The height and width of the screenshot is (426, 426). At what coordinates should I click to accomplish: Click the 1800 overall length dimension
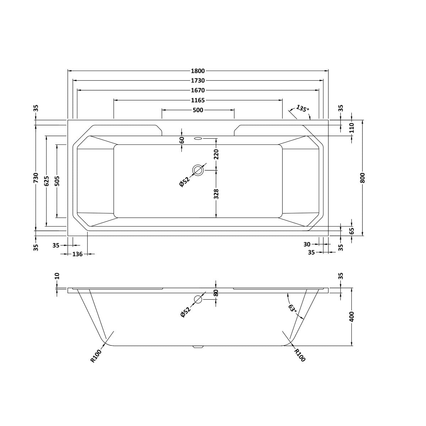point(198,71)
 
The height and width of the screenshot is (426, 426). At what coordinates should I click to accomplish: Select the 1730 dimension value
point(198,81)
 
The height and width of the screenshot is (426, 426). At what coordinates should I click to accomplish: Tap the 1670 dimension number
point(198,91)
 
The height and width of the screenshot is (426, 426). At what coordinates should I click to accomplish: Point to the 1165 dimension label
point(198,100)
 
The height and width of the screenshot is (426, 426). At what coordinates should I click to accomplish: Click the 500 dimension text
point(198,110)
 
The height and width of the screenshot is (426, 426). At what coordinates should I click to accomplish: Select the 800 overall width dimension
point(362,177)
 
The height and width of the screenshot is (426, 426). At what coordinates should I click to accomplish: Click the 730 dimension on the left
point(35,177)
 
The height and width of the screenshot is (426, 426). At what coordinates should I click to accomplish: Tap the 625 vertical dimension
point(47,181)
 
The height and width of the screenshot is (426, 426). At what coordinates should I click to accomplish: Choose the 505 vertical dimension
point(57,181)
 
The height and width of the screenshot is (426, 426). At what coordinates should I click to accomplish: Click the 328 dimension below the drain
point(217,194)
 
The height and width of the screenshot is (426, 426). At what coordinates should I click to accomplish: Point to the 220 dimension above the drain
point(217,154)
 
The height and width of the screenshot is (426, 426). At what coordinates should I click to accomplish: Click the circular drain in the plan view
point(198,170)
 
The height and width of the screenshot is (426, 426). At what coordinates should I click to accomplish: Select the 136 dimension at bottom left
point(77,254)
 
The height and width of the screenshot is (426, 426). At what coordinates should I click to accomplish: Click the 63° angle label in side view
point(292,308)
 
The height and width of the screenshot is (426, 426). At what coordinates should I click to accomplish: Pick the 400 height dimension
point(351,317)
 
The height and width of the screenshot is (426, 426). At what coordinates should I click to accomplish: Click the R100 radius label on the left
point(96,356)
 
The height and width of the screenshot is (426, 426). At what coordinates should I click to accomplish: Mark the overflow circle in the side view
point(198,300)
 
